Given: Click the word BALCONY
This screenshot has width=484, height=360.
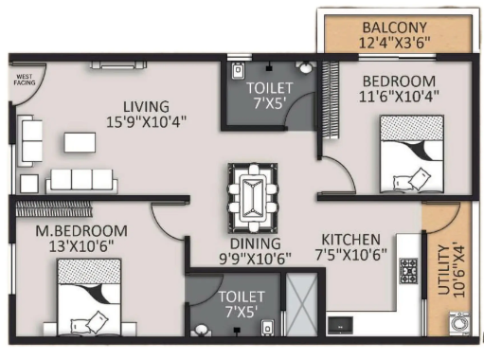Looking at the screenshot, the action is coord(394,27).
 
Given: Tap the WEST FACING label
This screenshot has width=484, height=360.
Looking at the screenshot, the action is coord(25,80).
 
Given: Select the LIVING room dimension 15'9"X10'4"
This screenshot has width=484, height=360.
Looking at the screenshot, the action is coord(146,122).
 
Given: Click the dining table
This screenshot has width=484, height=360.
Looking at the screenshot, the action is coord(253,198).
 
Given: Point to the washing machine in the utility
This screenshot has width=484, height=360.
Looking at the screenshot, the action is coord(459,324).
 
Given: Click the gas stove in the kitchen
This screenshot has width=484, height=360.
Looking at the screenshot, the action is coord(409,271).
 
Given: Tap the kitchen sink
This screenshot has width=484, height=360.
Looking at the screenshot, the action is coord(340,325).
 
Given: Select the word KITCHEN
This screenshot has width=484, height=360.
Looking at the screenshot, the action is coord(350,240).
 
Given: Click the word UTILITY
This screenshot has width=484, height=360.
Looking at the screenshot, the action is coord(444,270).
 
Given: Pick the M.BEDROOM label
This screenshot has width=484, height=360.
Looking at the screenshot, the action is coord(81,231).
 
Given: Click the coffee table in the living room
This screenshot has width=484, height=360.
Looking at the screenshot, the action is coord(80,142).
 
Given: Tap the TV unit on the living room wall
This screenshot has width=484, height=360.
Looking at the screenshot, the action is coord(118,65).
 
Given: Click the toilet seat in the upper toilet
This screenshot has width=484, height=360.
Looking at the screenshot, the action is coord(238,71).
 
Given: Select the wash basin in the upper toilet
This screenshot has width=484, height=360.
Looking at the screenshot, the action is coord(305,67).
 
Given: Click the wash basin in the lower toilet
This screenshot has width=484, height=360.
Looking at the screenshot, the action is coord(200,331).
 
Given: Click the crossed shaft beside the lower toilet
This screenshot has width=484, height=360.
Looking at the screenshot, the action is coord(301,304).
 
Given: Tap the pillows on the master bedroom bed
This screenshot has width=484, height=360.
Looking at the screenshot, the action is coord(89,322).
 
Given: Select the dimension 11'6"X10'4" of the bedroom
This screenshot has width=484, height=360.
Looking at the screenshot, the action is coord(399,97).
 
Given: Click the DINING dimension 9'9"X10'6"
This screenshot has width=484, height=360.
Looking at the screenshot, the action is coord(255,259).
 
